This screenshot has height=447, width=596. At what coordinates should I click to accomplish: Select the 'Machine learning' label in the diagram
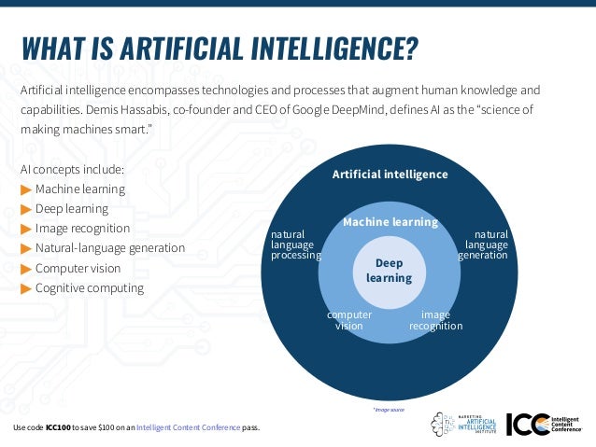point(390,222)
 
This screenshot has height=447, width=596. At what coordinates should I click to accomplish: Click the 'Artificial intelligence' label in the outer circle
point(390,175)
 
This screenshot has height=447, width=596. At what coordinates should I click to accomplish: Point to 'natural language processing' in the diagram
point(295,244)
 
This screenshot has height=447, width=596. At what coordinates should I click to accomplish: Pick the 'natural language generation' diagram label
point(486,244)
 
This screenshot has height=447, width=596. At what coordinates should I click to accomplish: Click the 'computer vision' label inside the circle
point(349,320)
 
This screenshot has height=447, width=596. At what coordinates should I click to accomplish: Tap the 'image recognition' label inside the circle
point(435,320)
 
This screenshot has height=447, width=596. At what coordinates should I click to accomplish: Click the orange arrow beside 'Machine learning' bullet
point(25,189)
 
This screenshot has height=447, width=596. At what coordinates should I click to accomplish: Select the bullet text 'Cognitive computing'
point(89,287)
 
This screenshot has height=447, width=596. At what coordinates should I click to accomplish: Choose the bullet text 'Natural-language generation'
point(109,248)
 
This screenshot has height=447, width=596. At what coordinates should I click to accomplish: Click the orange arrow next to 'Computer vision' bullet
point(25,269)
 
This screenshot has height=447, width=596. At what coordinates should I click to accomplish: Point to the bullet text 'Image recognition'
point(82,229)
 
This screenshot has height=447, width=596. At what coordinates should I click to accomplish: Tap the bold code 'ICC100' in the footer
point(58,428)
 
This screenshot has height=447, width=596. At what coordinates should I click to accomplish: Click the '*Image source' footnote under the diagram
point(389,409)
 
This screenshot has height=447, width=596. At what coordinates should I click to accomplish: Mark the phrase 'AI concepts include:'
point(72,170)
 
